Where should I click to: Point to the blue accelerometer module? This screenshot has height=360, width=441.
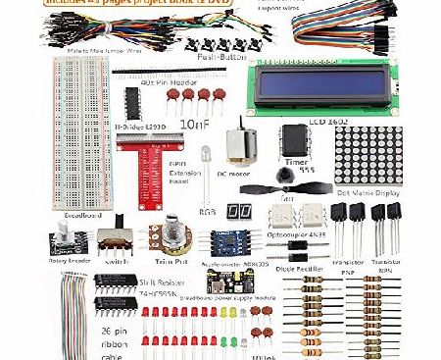228,242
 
